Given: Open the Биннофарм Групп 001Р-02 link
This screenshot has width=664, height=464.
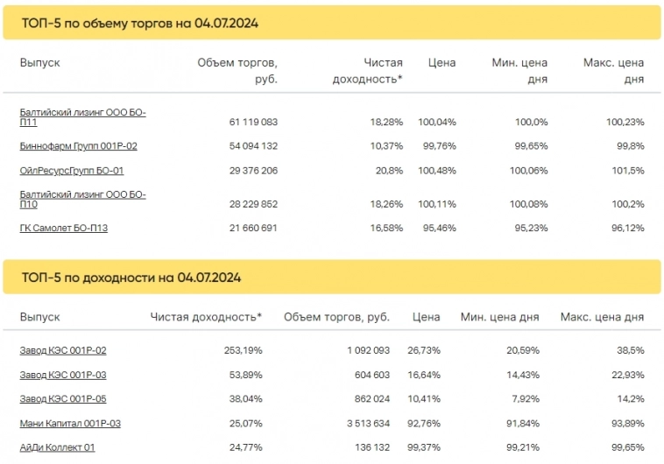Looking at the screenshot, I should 78,146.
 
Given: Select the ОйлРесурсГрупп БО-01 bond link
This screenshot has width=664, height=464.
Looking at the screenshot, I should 71,171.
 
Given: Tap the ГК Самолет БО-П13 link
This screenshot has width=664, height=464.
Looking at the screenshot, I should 69,228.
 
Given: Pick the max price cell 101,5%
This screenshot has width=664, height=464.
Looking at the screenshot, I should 628,171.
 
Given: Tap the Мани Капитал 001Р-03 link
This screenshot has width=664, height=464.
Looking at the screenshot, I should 70,424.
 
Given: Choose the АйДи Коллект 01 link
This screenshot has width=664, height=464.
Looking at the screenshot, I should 57,448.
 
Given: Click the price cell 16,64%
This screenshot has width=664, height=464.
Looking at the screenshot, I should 423,375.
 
